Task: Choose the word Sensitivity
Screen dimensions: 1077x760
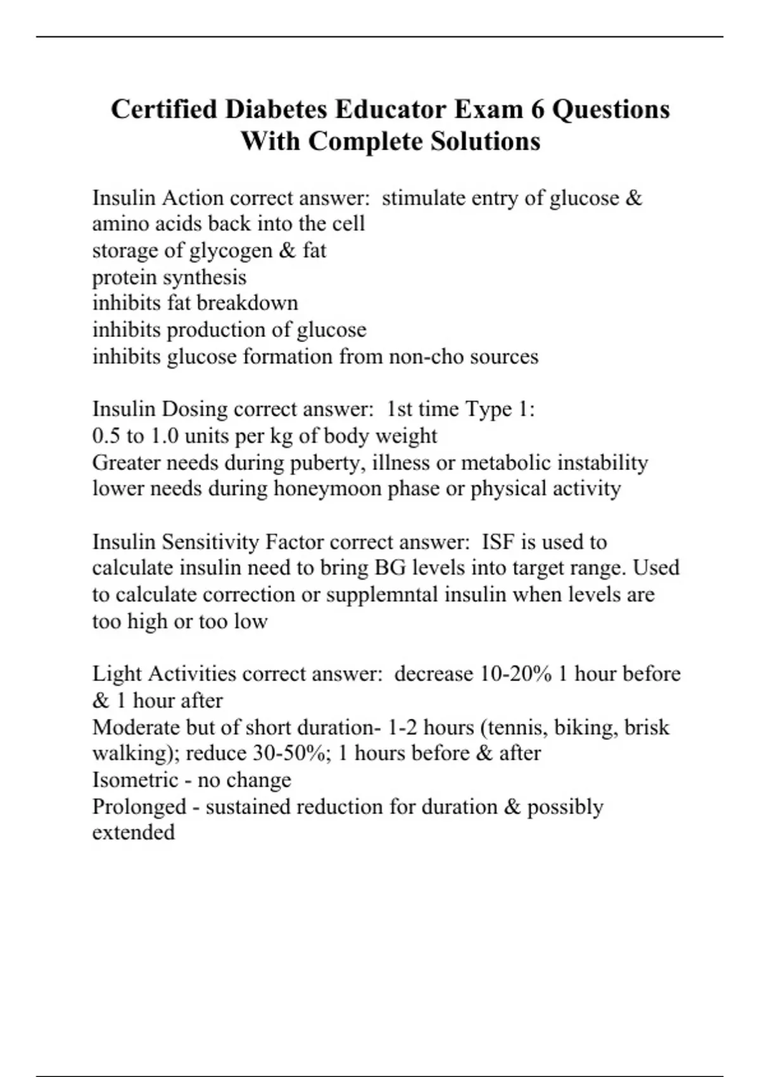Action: [211, 542]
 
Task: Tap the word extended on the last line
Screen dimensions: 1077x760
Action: [133, 832]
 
